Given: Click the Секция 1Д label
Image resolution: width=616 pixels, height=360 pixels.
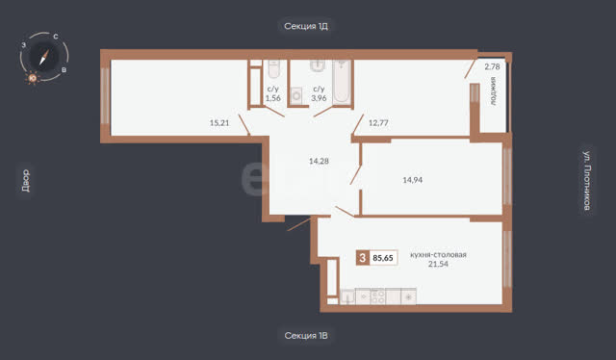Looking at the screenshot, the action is point(306,26).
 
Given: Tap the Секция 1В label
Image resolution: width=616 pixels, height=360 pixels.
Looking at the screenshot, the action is point(306,336).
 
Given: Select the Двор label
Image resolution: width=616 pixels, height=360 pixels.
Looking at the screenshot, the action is point(25,181).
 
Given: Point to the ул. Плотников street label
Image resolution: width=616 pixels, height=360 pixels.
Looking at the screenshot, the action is point(587,180).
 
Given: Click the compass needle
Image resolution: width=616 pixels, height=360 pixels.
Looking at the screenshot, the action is point(44,58).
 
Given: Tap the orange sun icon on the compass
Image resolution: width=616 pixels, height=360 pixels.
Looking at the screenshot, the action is point(32,78).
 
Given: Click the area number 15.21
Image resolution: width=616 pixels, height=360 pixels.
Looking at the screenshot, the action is point(219,122).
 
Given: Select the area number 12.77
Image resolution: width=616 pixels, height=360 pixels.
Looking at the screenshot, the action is point(378,122).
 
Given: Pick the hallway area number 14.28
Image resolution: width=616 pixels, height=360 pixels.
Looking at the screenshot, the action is point(319,161).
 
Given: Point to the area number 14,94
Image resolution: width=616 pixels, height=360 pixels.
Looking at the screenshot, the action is point(413,180).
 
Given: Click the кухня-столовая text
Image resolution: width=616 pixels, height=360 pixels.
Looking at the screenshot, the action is point(438,255).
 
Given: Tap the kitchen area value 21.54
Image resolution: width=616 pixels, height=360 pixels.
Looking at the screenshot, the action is point(438,264).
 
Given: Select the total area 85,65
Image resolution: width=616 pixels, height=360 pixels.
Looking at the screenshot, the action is point(383,258).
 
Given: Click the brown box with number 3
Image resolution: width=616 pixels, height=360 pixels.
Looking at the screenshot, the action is point(363,258).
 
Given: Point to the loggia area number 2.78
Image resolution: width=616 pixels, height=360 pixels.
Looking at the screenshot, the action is point(492,66).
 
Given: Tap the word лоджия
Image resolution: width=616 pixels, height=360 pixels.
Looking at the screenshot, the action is point(493,91).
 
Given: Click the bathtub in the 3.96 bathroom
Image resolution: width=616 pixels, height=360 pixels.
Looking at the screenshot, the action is point(342,82).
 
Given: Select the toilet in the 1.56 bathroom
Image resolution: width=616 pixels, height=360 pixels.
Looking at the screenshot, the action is point(273,68).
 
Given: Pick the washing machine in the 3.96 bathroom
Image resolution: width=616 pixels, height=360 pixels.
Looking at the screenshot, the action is point(295,95).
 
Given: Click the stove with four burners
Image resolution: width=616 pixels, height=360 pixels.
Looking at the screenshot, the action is point(378,296).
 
